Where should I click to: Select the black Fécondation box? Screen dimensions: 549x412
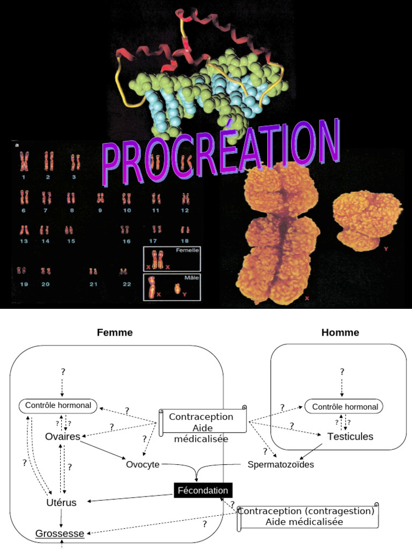pos(203,491)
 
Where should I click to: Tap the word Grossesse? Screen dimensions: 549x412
pos(60,533)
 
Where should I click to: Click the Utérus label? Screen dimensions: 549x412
pos(61,502)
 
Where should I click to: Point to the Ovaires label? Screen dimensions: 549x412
pos(63,437)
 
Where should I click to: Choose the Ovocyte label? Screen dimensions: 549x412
pos(143,464)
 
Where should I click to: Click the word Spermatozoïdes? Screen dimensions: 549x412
pos(281,464)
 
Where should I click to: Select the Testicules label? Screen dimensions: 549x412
pos(350,437)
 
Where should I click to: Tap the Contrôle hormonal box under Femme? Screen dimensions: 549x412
pos(58,405)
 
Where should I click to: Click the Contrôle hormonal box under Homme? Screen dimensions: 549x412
pos(345,407)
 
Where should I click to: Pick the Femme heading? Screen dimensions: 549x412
pos(115,332)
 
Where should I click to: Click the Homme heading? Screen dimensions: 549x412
pos(340,332)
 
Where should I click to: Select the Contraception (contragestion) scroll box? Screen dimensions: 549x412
pos(306,516)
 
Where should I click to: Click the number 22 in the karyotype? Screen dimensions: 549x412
pos(127,284)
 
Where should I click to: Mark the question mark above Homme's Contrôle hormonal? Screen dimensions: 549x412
pos(342,371)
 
